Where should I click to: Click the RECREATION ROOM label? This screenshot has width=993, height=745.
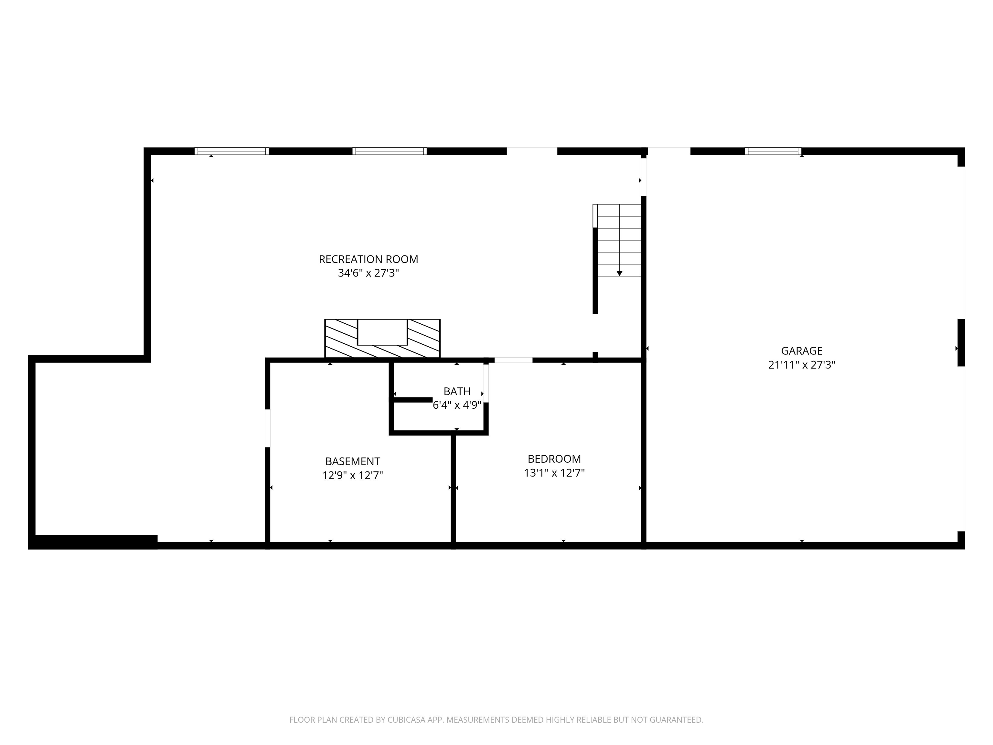(x=368, y=259)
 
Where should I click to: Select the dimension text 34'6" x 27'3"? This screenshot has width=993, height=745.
(x=368, y=273)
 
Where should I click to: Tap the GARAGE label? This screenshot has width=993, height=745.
(x=801, y=351)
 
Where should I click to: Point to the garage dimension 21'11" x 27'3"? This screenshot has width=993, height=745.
(x=801, y=365)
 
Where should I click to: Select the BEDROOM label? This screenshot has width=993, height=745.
(x=554, y=459)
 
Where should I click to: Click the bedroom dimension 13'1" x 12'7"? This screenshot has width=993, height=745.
(x=554, y=473)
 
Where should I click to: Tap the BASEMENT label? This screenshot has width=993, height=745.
(x=352, y=461)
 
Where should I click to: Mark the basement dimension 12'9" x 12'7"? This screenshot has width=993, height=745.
(x=352, y=475)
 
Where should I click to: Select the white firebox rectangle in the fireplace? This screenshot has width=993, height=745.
(x=382, y=332)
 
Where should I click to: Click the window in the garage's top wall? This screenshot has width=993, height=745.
(x=773, y=151)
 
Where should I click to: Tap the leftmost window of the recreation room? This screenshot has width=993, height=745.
(x=232, y=151)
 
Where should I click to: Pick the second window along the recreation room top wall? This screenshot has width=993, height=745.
(x=389, y=151)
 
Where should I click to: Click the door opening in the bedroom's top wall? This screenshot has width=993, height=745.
(x=513, y=360)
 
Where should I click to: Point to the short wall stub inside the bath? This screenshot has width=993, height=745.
(x=412, y=400)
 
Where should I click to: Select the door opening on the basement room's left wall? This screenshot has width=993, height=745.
(x=268, y=428)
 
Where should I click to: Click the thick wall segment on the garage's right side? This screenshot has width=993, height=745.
(x=961, y=343)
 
